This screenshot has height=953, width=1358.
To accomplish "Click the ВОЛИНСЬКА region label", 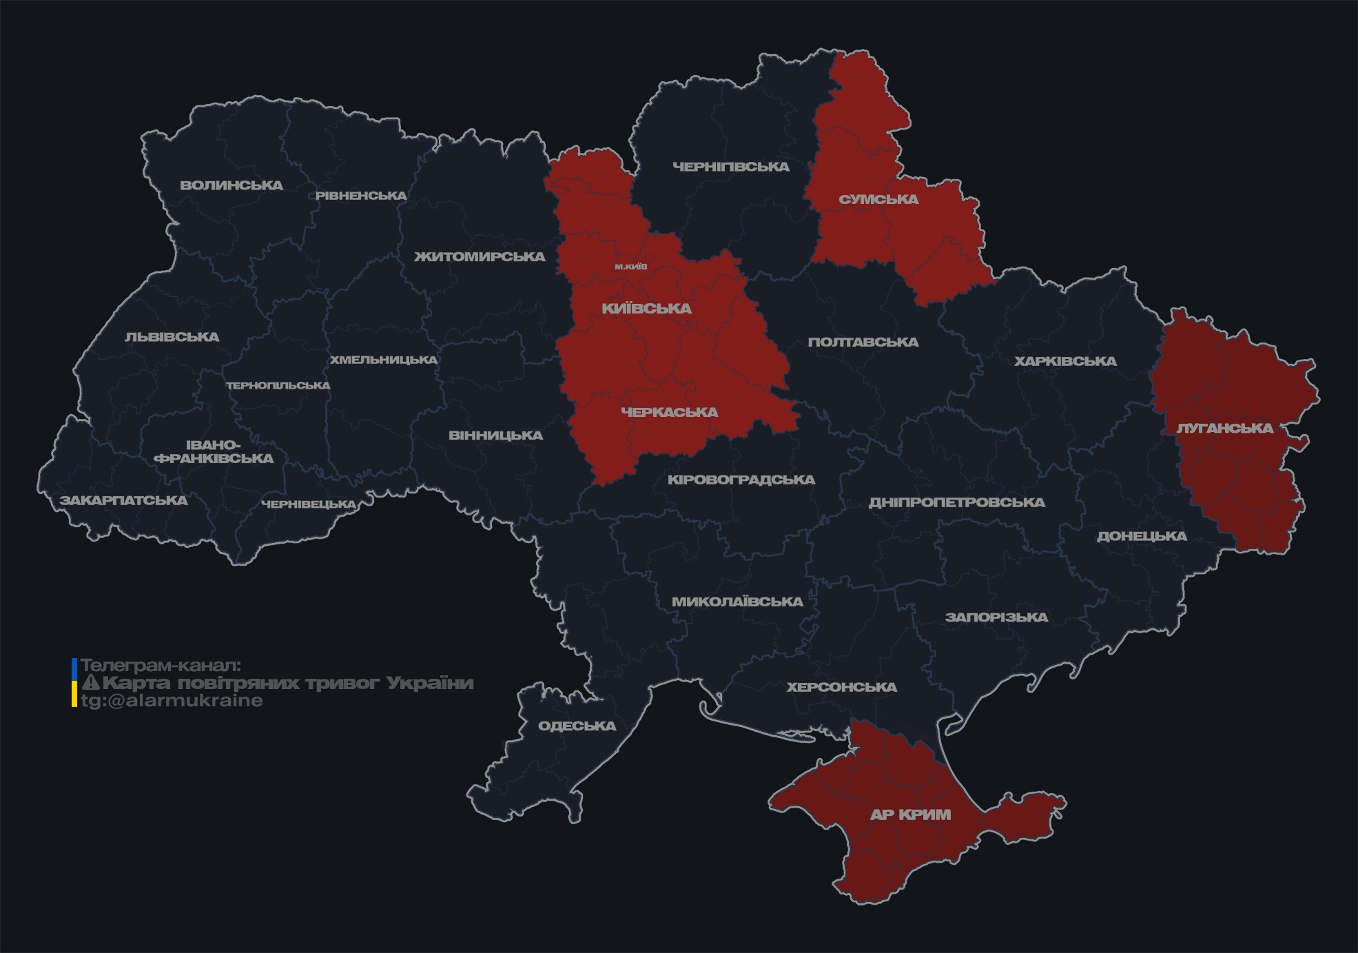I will (232, 185).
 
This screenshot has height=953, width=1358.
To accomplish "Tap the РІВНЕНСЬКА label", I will (361, 196).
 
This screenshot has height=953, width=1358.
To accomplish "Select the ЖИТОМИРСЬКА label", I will (480, 257).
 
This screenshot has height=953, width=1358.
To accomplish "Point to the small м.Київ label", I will (631, 267).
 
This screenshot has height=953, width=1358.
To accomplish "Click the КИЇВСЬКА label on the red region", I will (646, 309).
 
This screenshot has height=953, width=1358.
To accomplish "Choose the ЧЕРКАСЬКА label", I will (669, 412).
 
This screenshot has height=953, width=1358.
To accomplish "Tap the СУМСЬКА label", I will (878, 200).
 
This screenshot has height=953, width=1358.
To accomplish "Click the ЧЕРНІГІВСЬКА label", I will (730, 167).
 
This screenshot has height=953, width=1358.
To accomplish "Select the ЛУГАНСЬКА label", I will (1224, 429).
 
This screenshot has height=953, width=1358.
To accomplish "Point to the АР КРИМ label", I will (910, 814).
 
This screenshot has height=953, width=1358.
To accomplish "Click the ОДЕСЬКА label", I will (577, 726).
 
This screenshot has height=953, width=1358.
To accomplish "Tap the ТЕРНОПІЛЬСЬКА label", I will (278, 386).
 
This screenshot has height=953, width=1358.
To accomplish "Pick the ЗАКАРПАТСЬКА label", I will (123, 500).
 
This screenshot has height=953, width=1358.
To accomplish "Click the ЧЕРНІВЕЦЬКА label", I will (309, 504).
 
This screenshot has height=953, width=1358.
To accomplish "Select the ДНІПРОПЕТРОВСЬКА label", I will (956, 502).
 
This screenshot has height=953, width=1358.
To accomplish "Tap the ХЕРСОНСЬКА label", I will (841, 687).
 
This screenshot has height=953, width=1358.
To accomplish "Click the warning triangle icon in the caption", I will (91, 683).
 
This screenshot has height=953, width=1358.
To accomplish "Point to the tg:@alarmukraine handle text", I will (172, 701).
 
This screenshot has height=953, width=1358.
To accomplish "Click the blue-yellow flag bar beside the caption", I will (74, 683).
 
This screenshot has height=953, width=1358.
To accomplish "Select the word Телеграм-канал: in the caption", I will (161, 666).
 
